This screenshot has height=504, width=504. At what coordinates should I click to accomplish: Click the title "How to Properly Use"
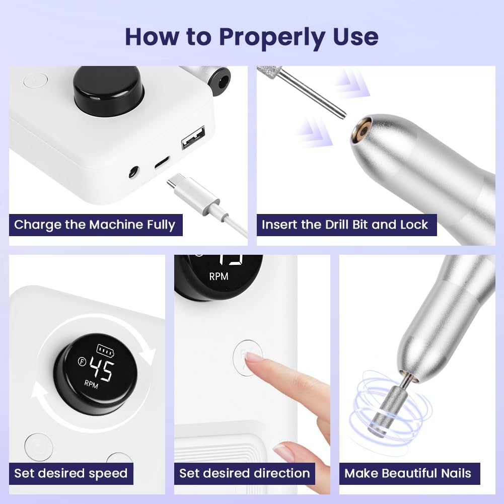click(x=251, y=36)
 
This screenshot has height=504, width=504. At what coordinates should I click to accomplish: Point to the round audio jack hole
click(x=133, y=172)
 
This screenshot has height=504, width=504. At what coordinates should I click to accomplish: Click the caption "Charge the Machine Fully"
click(x=95, y=225)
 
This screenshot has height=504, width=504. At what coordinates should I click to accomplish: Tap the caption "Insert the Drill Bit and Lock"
click(x=345, y=225)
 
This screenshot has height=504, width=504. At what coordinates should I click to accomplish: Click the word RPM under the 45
click(x=92, y=384)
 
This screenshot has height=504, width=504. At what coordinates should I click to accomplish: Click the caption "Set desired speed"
click(x=70, y=473)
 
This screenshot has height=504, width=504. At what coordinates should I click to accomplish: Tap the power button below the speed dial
click(x=38, y=447)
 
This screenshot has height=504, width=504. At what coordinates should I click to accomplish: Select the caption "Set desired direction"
click(x=245, y=473)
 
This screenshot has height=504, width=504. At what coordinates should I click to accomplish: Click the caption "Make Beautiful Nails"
click(x=408, y=473)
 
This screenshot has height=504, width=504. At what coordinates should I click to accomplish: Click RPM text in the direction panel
click(x=219, y=276)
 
